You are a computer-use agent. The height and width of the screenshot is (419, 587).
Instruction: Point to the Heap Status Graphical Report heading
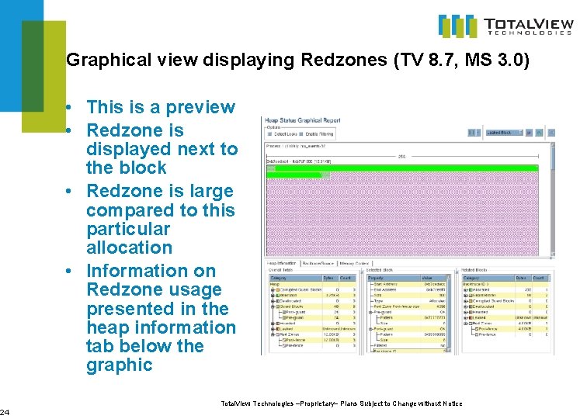[x=304, y=120]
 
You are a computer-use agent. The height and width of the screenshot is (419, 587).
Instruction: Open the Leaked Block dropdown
[x=505, y=133]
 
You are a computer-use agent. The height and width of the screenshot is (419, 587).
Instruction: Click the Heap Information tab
[x=283, y=263]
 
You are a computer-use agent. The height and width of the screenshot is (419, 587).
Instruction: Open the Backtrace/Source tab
[x=320, y=263]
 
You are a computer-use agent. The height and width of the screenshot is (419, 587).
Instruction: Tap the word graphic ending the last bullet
[x=120, y=365]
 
